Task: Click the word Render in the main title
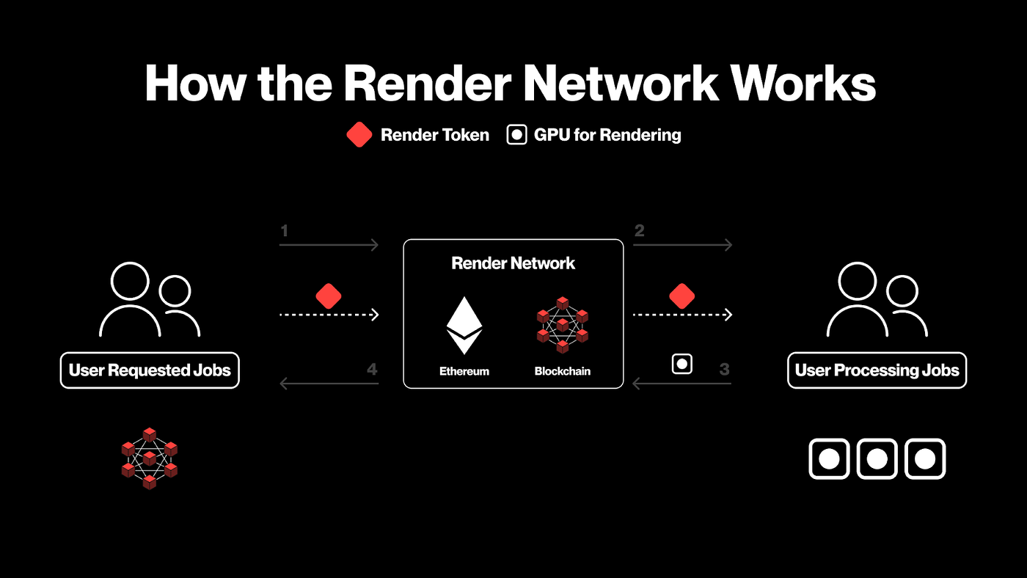click(427, 83)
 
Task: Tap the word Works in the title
click(803, 83)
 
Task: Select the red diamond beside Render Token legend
click(359, 135)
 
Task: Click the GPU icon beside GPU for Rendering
click(516, 135)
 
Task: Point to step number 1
click(285, 230)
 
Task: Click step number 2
click(639, 230)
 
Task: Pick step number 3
click(725, 369)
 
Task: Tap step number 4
click(372, 369)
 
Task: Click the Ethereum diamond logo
click(464, 326)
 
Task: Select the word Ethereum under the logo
click(464, 371)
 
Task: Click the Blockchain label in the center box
click(563, 371)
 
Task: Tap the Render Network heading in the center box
click(513, 263)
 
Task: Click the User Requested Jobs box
click(150, 370)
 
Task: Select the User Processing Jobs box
click(877, 370)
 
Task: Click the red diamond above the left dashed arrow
click(329, 296)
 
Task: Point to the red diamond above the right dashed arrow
click(682, 296)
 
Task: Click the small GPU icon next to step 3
click(682, 365)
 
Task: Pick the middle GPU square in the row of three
click(877, 459)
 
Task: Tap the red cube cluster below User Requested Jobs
click(150, 459)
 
